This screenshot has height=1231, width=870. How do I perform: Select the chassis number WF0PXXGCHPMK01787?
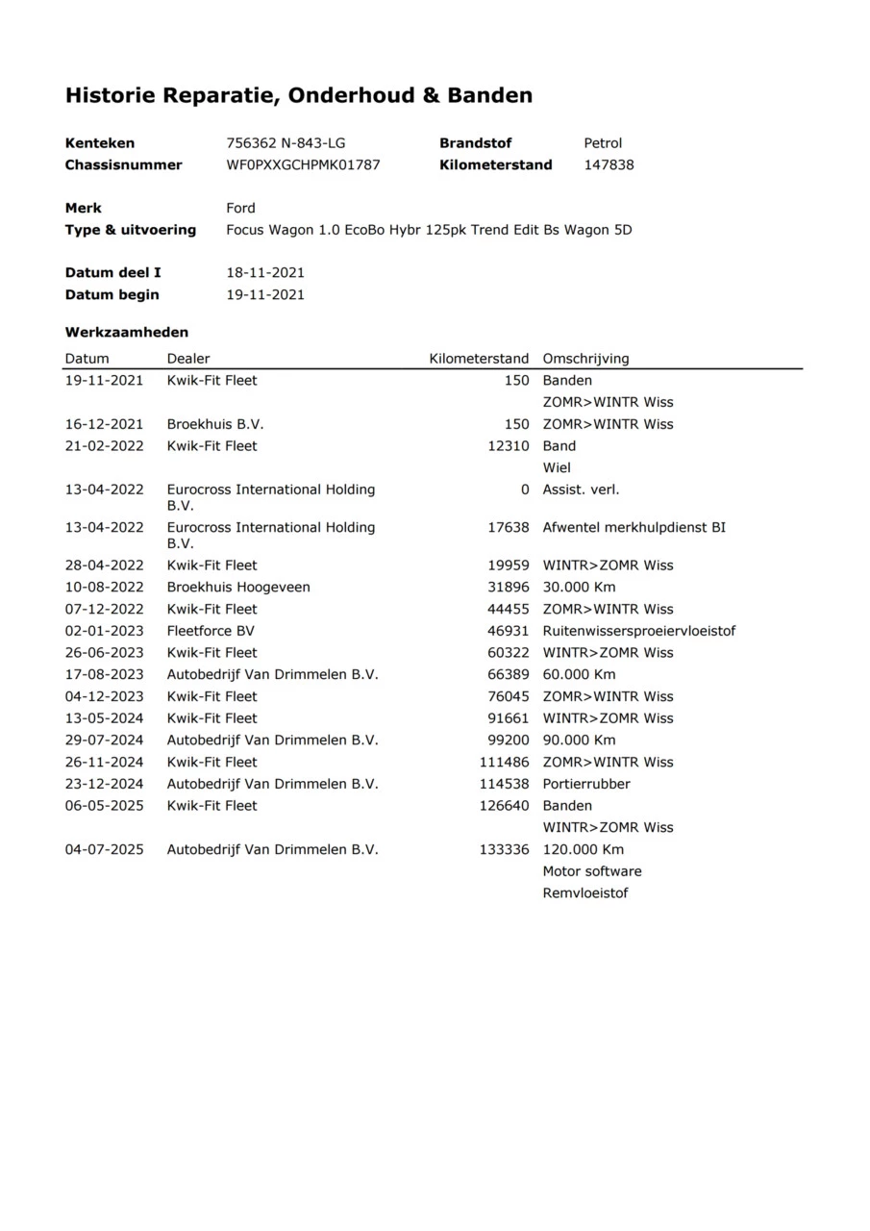[303, 164]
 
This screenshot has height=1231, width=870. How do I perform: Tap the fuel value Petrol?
[603, 143]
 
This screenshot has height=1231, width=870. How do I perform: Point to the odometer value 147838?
[609, 164]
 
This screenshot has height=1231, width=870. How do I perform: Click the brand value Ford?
[240, 208]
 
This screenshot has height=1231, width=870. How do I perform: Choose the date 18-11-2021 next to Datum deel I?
[265, 273]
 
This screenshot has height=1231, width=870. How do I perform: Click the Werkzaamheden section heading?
[127, 332]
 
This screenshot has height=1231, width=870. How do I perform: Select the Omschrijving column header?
[585, 359]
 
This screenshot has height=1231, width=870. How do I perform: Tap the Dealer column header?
[188, 359]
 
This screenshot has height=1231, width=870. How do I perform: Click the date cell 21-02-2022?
[104, 446]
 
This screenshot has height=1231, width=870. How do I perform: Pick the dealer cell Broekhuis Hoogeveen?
[238, 587]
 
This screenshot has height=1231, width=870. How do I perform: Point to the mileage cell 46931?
[508, 631]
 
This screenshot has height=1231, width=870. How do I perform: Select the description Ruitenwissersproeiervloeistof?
[639, 631]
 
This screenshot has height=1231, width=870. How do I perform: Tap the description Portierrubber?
[586, 784]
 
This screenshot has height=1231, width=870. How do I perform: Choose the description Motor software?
[592, 871]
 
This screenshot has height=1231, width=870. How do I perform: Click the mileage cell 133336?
[504, 849]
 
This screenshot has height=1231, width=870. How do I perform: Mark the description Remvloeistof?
[585, 893]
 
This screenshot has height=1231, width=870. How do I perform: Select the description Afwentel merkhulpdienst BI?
[634, 527]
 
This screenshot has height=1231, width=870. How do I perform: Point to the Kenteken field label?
[100, 143]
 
